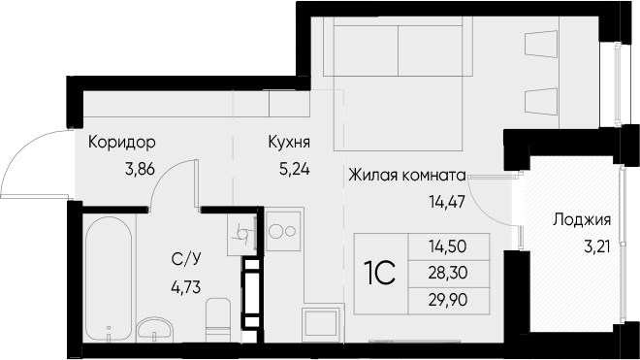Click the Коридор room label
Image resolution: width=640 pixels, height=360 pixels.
[121, 143]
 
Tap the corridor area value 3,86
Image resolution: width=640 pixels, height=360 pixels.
[140, 168]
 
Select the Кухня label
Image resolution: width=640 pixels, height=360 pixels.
[289, 143]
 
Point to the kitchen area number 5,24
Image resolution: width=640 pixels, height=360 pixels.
[294, 168]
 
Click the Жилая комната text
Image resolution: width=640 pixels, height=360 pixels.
[407, 176]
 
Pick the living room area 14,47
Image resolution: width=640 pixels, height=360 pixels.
[447, 202]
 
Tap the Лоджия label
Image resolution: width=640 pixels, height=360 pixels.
[582, 220]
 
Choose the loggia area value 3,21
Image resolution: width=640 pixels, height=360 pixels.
[597, 246]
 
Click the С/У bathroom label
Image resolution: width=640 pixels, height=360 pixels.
[186, 259]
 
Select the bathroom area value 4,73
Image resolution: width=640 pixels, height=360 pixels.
[186, 287]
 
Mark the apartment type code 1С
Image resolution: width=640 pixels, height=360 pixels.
[379, 274]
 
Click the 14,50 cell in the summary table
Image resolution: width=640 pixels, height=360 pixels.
[447, 246]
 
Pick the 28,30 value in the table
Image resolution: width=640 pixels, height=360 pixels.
[447, 273]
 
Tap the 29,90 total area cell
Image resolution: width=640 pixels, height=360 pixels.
[447, 300]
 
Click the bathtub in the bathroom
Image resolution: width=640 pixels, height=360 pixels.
[109, 278]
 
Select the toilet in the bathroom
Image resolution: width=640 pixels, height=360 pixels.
[218, 319]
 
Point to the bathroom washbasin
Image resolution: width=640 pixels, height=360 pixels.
[155, 329]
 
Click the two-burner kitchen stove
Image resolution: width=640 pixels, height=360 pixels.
[283, 231]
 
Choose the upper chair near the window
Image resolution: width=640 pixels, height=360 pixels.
[541, 44]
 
